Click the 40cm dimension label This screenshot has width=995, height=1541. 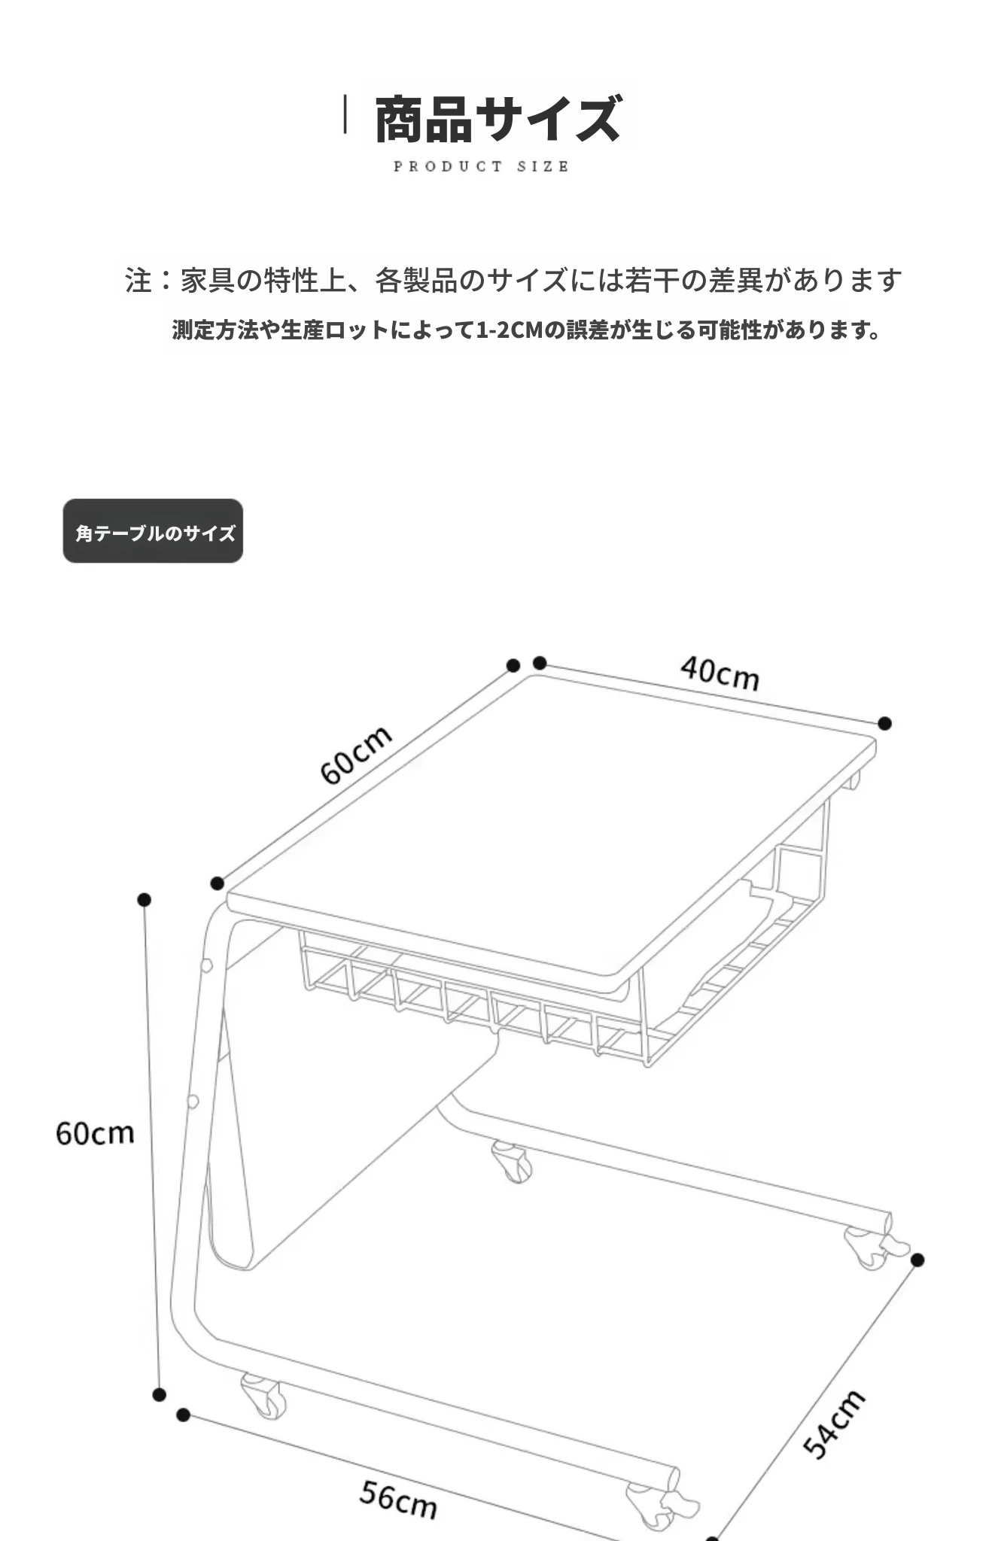(720, 673)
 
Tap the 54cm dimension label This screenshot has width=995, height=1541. (834, 1424)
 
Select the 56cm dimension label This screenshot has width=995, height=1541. (398, 1500)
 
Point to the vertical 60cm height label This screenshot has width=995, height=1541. (95, 1133)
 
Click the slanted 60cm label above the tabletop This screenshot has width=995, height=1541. (356, 754)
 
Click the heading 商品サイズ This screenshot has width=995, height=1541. (497, 119)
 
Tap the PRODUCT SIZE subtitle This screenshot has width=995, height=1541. (481, 166)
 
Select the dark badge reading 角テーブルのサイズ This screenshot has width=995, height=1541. (153, 531)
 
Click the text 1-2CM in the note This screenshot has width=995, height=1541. (510, 330)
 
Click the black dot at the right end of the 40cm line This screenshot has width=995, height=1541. (885, 723)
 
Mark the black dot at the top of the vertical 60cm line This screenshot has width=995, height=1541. (145, 900)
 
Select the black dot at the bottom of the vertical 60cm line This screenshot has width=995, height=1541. (159, 1394)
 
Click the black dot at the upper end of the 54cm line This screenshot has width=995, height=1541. (917, 1260)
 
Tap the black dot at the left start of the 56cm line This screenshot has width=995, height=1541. (183, 1415)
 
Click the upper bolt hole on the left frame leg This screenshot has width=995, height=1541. (206, 965)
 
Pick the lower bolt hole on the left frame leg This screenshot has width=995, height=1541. (193, 1102)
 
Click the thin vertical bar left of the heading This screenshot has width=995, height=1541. (345, 114)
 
